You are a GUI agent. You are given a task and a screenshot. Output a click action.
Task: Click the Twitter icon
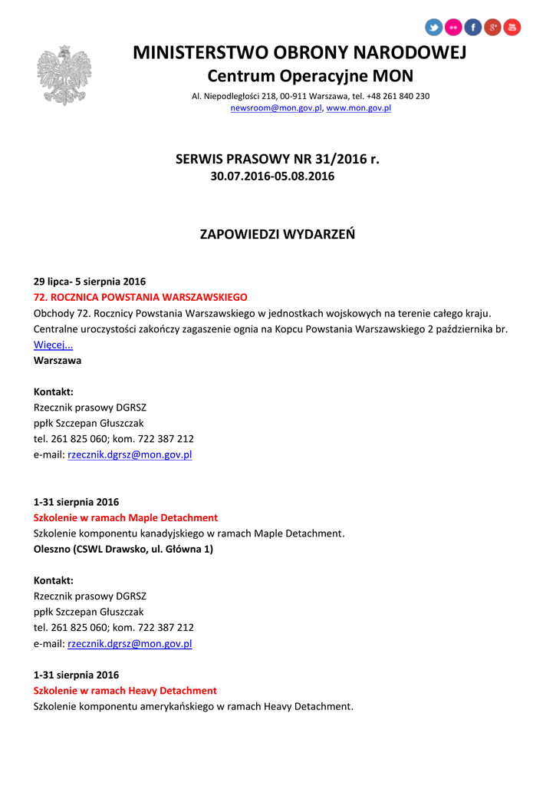click(x=434, y=28)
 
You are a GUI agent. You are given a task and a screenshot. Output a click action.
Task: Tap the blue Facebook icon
click(x=472, y=28)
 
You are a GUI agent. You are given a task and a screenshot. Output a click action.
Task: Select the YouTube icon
click(x=512, y=28)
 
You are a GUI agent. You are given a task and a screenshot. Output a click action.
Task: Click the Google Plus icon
click(x=492, y=28)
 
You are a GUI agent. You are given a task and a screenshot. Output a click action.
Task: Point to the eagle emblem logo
click(x=64, y=74)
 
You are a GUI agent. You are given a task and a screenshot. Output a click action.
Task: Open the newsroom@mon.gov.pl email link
click(x=277, y=108)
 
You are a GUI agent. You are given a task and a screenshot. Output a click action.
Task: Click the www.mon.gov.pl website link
click(x=359, y=108)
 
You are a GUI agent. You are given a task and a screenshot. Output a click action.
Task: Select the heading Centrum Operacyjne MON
click(x=310, y=76)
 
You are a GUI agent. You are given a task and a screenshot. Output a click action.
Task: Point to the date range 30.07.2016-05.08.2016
click(x=272, y=177)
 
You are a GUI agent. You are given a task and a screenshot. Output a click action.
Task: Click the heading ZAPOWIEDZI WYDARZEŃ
click(x=278, y=234)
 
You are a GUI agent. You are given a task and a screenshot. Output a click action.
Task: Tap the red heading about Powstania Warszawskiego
click(x=140, y=296)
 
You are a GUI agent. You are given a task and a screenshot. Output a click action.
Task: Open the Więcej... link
click(x=53, y=345)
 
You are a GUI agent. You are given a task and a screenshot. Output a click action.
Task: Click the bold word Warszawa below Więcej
click(x=58, y=360)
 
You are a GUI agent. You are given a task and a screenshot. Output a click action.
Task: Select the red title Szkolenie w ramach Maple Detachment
click(x=126, y=517)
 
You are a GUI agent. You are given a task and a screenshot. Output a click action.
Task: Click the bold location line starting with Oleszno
click(x=123, y=549)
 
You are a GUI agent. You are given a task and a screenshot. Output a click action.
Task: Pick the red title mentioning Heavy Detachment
click(x=125, y=691)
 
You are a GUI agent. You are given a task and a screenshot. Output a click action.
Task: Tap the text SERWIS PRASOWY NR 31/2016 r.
click(x=278, y=160)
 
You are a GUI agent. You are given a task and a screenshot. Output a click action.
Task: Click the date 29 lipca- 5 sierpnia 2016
click(x=90, y=281)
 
